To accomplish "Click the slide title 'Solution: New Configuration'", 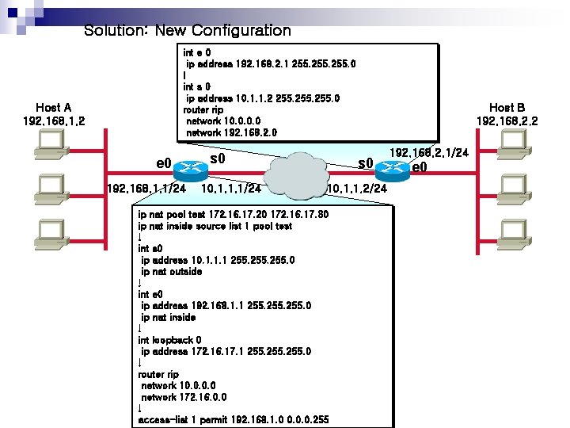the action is (188, 31).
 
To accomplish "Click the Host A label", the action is (54, 114).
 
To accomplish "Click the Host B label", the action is (507, 114).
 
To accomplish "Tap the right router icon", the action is (391, 168).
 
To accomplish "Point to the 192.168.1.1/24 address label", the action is (146, 189).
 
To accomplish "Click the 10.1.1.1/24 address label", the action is (232, 189).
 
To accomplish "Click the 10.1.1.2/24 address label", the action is (357, 189).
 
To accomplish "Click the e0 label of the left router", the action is (164, 163).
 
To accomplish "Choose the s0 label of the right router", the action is (365, 164).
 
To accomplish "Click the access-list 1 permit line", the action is (233, 419).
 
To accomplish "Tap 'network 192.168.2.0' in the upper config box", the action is (231, 132).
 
